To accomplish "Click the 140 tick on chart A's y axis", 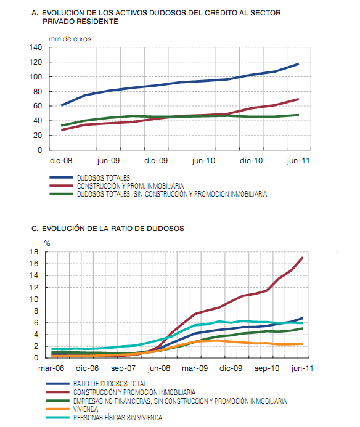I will click(36, 47).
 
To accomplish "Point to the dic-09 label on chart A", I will click(157, 160).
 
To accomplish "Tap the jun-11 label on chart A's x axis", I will click(298, 160).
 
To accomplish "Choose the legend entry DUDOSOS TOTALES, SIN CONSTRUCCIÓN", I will click(171, 193).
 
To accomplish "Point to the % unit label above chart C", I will click(46, 243).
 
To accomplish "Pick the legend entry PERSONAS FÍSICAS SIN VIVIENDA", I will click(118, 418).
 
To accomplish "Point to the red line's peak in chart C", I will click(302, 258).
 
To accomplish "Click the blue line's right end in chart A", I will click(298, 63).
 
